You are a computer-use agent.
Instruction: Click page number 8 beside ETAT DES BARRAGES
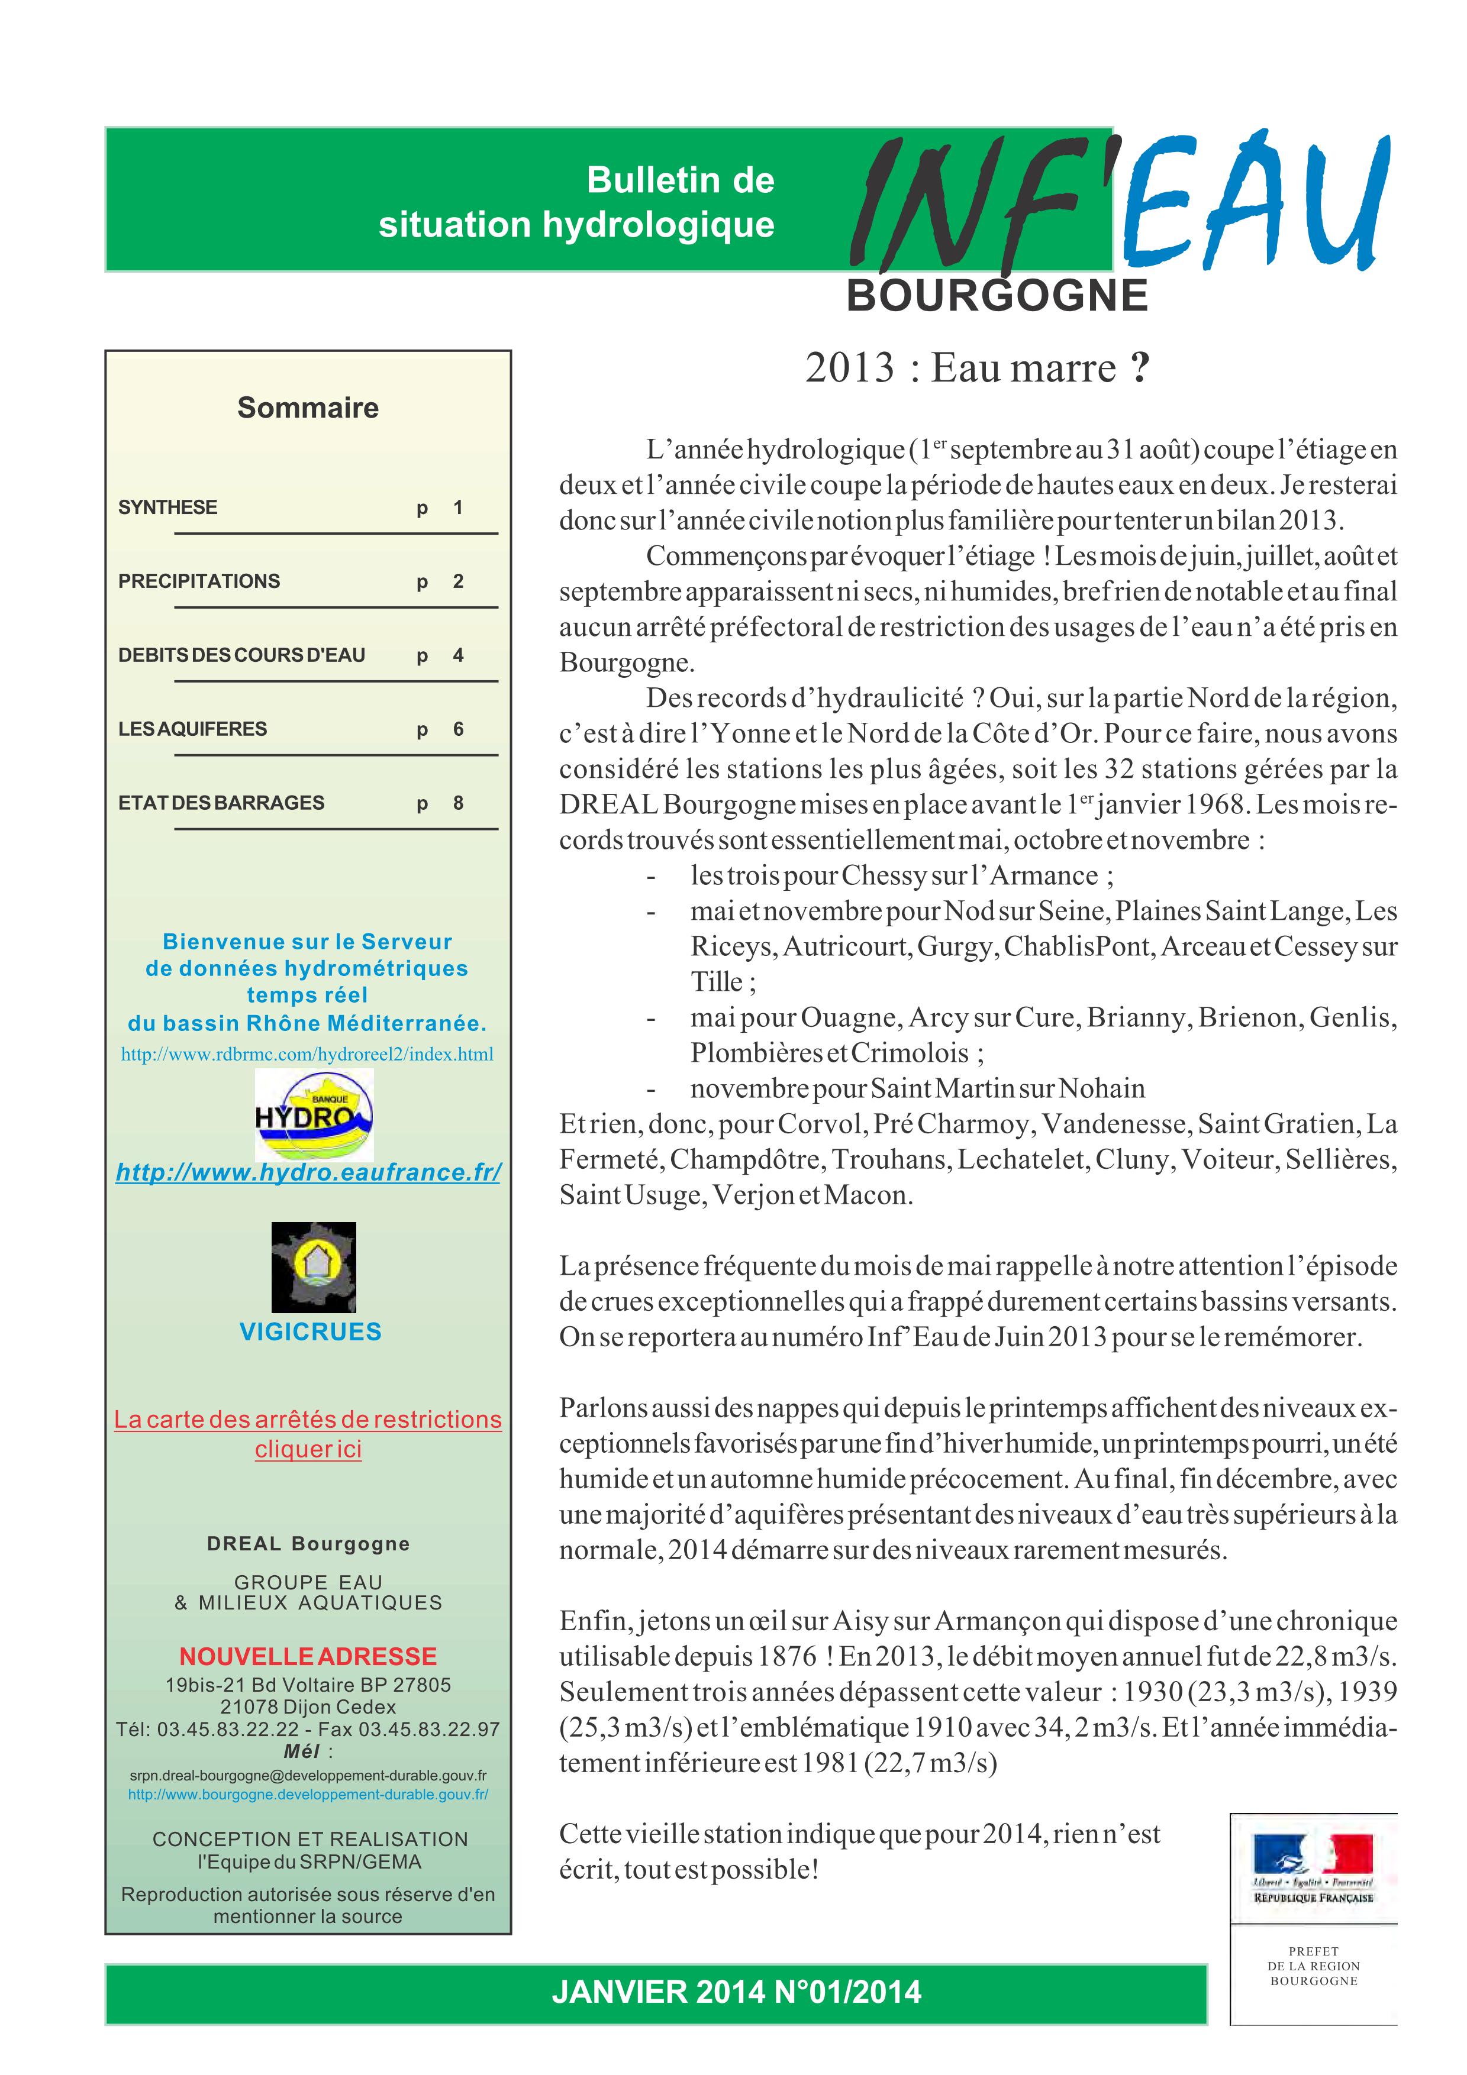click(458, 803)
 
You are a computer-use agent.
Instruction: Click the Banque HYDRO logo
click(314, 1115)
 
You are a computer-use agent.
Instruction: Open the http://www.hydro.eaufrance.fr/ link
click(308, 1172)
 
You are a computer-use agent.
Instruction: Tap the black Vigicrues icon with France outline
click(314, 1267)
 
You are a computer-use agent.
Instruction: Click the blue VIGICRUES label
click(310, 1331)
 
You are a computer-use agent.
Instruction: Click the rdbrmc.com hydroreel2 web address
click(307, 1055)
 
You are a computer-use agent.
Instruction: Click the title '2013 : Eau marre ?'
click(977, 368)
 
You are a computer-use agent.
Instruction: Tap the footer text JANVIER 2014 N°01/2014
click(737, 1992)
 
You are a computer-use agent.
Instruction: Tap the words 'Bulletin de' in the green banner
click(680, 181)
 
